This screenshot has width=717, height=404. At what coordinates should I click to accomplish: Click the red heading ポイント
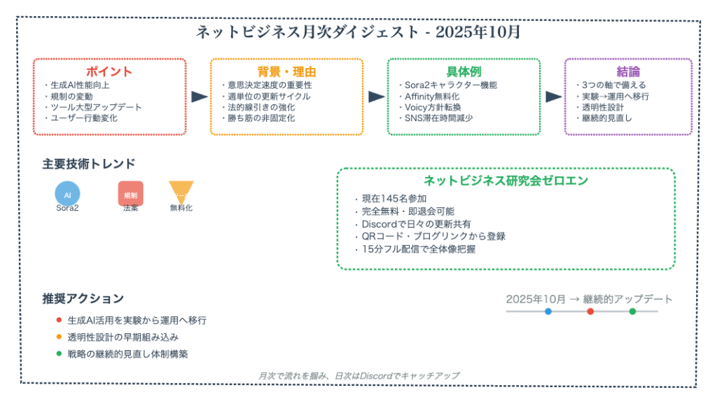(x=109, y=71)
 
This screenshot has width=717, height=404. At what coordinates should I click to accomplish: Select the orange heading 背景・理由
(x=286, y=71)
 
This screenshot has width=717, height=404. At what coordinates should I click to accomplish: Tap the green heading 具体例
(x=464, y=71)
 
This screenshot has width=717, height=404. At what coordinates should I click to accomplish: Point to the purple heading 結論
(x=628, y=71)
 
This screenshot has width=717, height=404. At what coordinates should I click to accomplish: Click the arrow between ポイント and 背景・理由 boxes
(x=199, y=97)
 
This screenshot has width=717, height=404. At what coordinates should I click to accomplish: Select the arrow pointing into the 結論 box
(x=553, y=97)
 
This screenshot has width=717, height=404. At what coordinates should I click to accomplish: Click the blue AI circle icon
(x=68, y=194)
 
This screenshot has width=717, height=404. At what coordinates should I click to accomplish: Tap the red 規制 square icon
(x=130, y=194)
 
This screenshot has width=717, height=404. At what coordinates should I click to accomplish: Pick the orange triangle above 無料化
(x=181, y=190)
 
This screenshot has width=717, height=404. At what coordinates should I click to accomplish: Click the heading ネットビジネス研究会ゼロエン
(x=506, y=181)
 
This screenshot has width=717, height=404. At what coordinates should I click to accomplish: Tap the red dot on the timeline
(x=590, y=311)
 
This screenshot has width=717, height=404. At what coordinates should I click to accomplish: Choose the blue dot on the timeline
(x=548, y=311)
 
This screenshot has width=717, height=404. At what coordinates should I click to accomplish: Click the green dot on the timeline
(x=632, y=311)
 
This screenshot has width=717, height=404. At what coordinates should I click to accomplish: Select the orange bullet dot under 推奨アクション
(x=59, y=337)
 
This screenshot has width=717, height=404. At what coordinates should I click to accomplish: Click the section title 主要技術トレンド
(x=89, y=164)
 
